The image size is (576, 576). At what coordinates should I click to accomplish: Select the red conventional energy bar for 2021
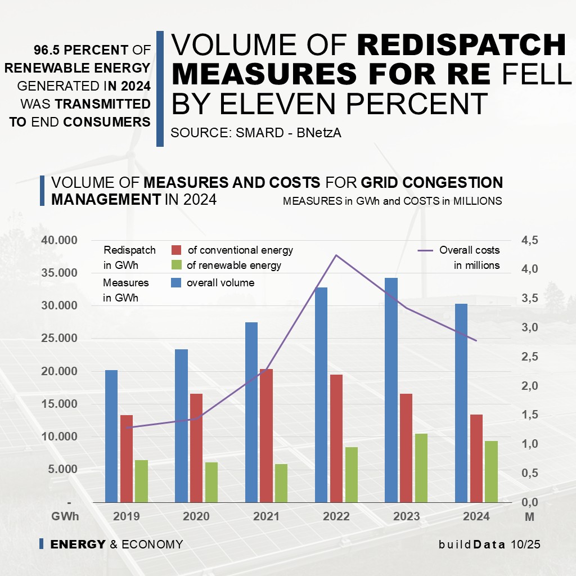pos(266,435)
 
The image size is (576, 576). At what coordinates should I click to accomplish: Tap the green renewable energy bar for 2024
pos(492,471)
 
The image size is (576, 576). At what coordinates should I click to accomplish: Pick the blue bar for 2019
pos(111,436)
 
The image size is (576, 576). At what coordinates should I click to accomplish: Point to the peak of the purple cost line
pos(336,255)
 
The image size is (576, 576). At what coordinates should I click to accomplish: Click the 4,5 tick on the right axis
pos(530,240)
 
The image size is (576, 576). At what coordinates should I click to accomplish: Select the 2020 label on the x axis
pos(196,516)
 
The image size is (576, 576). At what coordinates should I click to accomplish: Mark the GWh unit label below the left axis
pos(65,516)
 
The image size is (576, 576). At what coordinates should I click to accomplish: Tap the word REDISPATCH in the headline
pos(461,45)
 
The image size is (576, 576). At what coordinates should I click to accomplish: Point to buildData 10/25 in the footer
pos(489,544)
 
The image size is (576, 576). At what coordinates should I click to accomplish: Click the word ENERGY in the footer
pos(78,544)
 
